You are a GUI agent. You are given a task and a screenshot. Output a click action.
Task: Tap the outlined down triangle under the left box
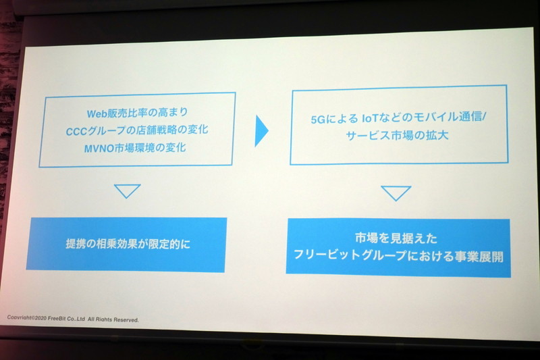point(127,190)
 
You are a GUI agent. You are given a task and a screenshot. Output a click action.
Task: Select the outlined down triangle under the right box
point(396,193)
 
